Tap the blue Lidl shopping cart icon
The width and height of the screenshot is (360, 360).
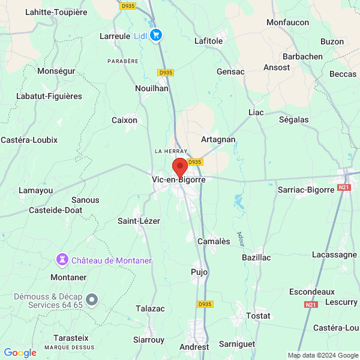click(x=156, y=35)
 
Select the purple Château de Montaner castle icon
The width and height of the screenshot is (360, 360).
click(x=61, y=260)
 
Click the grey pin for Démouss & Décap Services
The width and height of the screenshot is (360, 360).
click(x=91, y=299)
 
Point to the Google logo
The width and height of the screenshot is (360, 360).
click(x=20, y=353)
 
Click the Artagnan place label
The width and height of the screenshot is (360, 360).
click(x=218, y=139)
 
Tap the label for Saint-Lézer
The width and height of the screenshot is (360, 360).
click(x=139, y=221)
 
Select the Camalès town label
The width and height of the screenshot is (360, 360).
click(x=214, y=241)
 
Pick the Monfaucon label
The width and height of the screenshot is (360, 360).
click(x=287, y=22)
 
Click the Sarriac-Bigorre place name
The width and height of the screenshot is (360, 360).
click(x=305, y=190)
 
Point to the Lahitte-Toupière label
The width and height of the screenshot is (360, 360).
click(x=56, y=12)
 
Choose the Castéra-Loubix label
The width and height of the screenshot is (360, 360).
click(x=29, y=140)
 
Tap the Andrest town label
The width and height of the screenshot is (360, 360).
click(x=194, y=347)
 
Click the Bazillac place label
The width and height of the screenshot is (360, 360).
click(x=256, y=257)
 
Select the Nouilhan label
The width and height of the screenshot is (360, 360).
click(x=152, y=88)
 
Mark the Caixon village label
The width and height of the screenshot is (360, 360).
click(x=124, y=120)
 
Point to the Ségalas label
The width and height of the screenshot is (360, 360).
click(x=294, y=119)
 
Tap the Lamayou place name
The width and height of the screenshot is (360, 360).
click(x=36, y=191)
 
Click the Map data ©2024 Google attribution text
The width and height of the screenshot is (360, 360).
click(x=322, y=355)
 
